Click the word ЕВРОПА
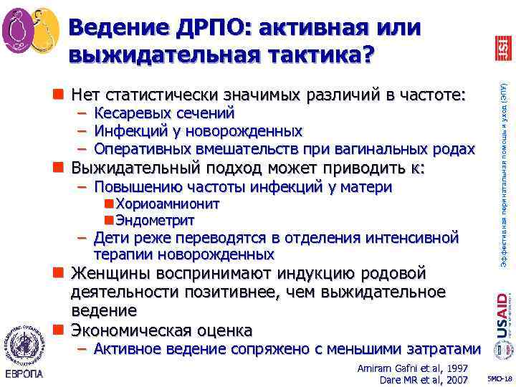26,374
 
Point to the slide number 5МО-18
499,378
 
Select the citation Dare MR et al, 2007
424,379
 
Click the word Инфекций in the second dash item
128,131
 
